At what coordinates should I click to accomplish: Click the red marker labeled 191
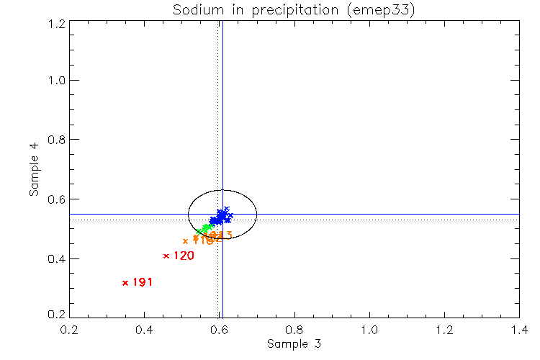click(125, 282)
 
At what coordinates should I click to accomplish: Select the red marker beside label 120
click(166, 256)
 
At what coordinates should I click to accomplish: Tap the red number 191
click(143, 282)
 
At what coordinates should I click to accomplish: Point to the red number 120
click(184, 256)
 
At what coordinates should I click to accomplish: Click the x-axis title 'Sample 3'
click(294, 344)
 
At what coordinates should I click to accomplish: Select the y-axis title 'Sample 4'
click(33, 169)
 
